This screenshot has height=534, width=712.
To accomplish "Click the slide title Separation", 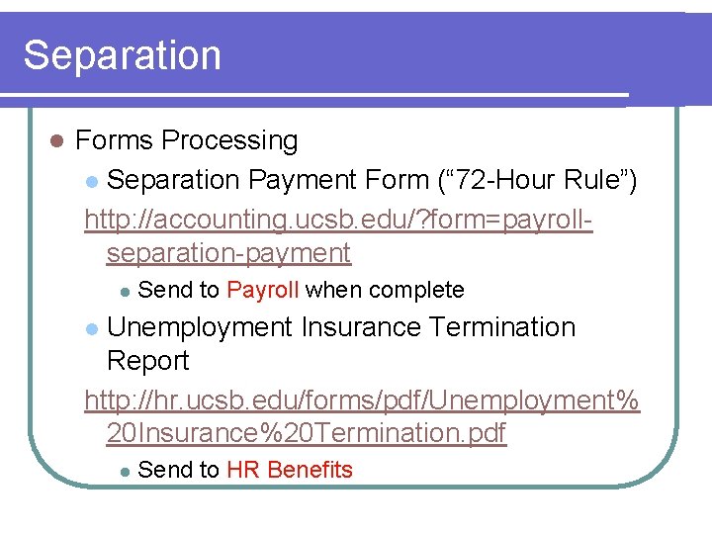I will (x=122, y=55).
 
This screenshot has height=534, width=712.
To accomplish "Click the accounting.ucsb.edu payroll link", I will (x=338, y=219).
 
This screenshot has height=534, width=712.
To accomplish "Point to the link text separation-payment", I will (x=228, y=253).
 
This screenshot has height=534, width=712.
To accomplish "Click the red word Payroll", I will (x=263, y=291).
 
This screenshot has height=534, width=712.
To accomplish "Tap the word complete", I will (x=415, y=291).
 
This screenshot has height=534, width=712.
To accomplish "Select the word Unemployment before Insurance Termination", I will (x=199, y=327).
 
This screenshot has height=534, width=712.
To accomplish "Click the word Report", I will (x=147, y=362).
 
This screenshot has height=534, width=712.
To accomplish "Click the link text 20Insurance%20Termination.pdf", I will (x=307, y=433).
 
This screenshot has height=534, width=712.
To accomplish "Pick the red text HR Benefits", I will (x=289, y=471).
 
